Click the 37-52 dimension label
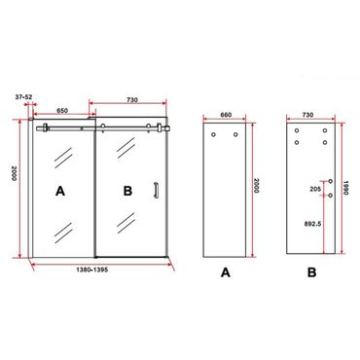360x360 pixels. point(23,96)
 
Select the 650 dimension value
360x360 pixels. point(62,110)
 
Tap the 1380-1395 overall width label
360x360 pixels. point(92,270)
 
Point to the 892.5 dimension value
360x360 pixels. point(313,224)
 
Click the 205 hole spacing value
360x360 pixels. point(315,189)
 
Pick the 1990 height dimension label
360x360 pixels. point(345,188)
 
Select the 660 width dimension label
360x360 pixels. point(226,115)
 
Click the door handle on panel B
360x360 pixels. point(156,190)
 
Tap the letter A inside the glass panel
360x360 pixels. point(60,191)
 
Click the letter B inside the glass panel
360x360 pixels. point(127,191)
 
